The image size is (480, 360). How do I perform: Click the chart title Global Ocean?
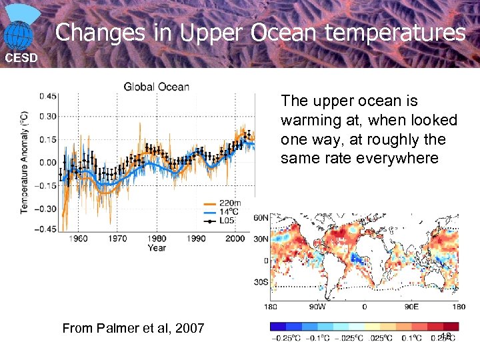tap(156, 87)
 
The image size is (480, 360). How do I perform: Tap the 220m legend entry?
tap(231, 203)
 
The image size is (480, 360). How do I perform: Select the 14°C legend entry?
tap(229, 211)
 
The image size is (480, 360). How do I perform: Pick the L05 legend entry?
tap(229, 220)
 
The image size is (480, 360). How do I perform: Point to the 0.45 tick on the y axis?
tap(47, 96)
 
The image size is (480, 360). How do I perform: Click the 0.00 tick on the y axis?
tap(47, 163)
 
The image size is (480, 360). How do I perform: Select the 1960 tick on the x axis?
tap(78, 239)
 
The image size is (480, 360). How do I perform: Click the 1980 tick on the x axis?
tap(157, 239)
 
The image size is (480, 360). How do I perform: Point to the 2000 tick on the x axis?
tap(235, 239)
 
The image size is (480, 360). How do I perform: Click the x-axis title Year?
tap(157, 248)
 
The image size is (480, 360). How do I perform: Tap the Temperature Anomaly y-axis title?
tap(25, 163)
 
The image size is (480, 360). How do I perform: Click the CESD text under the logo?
tap(21, 58)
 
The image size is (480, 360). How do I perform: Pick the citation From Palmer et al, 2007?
tap(133, 328)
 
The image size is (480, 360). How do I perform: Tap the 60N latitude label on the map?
tap(261, 217)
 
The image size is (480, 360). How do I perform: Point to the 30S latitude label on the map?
tap(261, 282)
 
